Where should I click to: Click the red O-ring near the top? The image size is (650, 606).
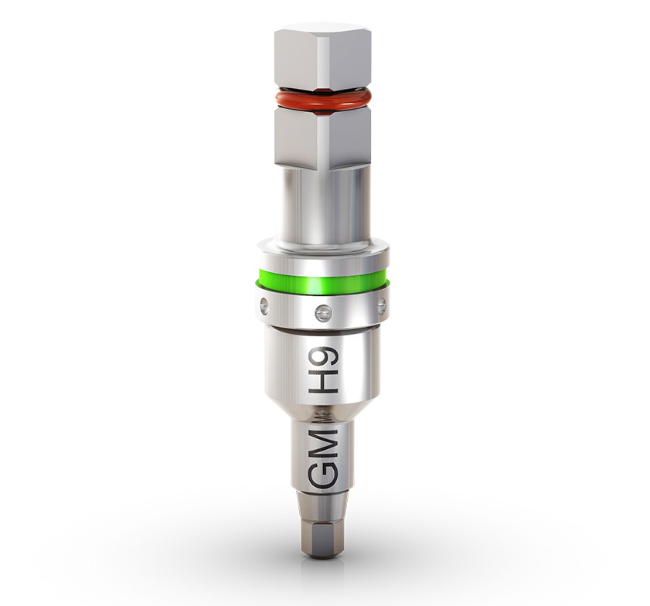pyautogui.click(x=322, y=100)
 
